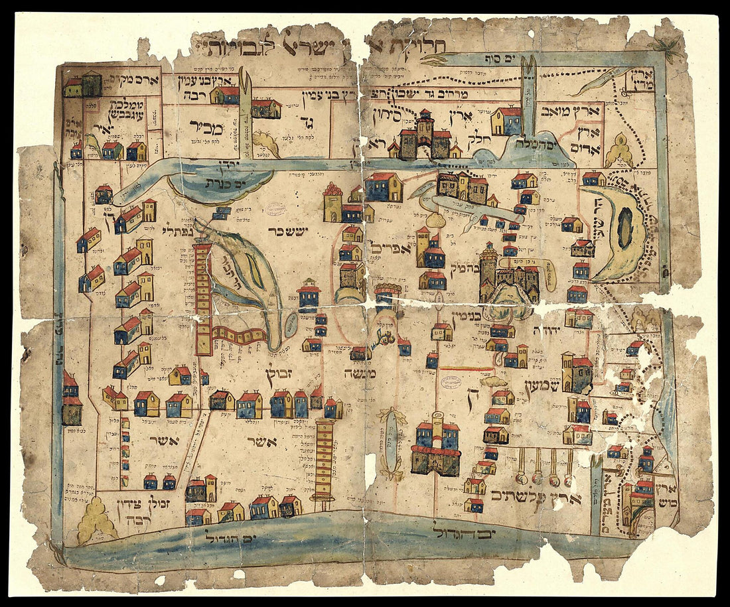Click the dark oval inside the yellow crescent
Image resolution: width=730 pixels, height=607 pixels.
[624, 228]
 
